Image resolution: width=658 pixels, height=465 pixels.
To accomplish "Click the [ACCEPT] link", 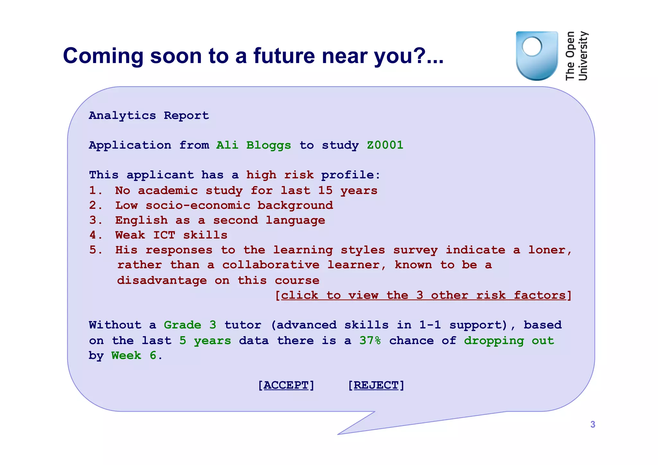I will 286,385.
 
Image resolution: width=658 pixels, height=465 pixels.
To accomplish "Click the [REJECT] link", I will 376,385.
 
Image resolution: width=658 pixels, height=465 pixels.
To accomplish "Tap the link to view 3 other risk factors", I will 423,295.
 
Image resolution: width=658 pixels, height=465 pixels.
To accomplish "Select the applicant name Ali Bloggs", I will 253,145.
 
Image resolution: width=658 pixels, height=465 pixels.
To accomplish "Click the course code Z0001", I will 385,145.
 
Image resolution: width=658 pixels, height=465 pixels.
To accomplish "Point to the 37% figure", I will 370,341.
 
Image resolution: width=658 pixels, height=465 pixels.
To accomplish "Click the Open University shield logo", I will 537,56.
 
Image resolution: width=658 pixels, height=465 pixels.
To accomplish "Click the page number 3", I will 593,425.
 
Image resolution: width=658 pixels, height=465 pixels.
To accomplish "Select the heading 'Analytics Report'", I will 149,116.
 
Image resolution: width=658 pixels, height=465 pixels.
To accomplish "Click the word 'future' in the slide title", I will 284,56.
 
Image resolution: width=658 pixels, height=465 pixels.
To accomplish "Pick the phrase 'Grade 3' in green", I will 190,325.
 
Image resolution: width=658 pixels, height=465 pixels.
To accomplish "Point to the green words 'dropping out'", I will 509,341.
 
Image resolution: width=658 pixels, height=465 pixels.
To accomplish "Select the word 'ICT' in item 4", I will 164,235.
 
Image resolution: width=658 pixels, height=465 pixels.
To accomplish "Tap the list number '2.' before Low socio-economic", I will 95,205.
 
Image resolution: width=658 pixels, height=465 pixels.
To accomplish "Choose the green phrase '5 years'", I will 205,341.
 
